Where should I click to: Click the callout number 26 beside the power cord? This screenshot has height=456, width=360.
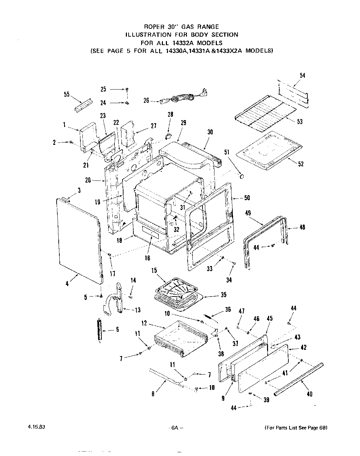[x=146, y=100]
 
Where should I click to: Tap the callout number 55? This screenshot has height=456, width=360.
[x=67, y=94]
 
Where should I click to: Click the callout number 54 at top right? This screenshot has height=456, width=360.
[x=302, y=75]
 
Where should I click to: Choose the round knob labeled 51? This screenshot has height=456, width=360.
[x=242, y=176]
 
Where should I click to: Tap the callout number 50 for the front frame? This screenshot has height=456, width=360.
[x=247, y=198]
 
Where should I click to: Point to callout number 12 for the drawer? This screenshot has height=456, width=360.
[x=144, y=323]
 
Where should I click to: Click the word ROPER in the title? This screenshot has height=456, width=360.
[x=154, y=26]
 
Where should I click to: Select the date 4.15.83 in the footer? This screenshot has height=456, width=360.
[x=35, y=427]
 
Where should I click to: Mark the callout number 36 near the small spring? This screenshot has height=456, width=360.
[x=228, y=309]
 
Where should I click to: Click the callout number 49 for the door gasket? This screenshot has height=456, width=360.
[x=248, y=213]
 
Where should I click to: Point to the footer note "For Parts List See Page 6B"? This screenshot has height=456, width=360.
[x=296, y=428]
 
